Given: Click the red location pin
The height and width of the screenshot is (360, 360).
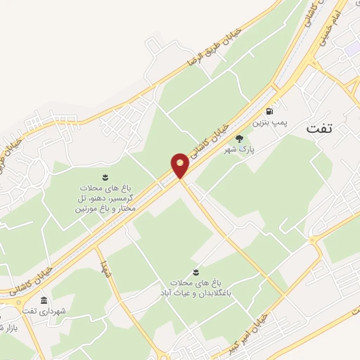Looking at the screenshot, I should tap(180, 166).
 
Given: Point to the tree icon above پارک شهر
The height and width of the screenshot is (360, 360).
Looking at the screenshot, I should tap(239, 138).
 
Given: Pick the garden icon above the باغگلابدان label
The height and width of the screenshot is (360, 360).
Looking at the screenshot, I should tap(195, 271).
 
